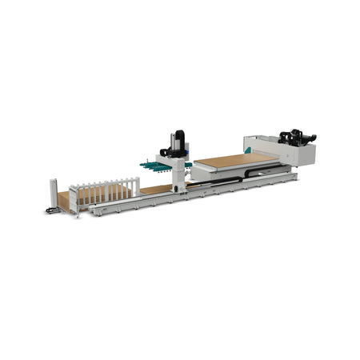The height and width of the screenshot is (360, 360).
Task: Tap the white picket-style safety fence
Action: click(x=104, y=190)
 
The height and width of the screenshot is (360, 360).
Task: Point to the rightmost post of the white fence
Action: click(x=137, y=186)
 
